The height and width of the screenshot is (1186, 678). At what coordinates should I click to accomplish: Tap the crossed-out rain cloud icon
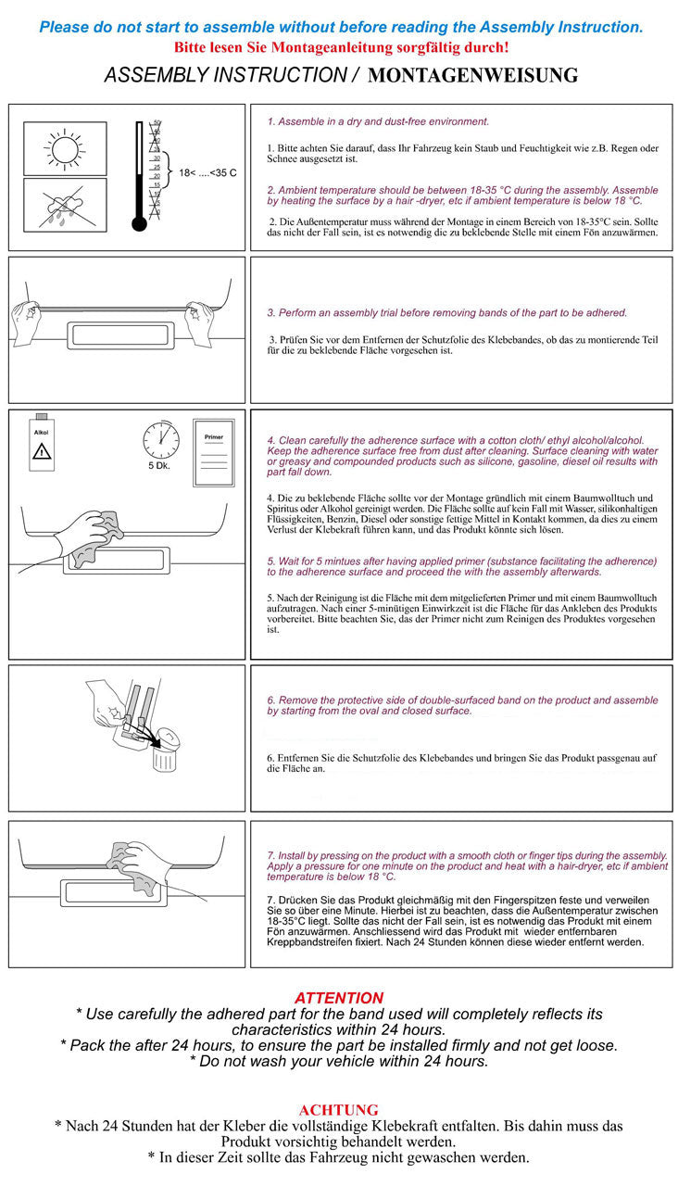point(65,206)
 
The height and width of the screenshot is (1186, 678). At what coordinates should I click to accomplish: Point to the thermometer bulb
point(140,223)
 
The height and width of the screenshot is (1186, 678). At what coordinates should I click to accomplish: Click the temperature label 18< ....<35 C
point(207,173)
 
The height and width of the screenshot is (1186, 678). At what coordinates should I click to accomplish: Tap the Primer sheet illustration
point(212,455)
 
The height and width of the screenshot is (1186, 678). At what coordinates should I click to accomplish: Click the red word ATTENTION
point(338,998)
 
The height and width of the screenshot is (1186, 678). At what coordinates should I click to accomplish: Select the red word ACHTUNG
point(338,1109)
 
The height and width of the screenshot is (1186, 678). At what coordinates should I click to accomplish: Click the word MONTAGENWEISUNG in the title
point(472,76)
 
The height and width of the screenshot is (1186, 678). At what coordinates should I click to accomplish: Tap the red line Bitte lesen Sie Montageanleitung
point(340,47)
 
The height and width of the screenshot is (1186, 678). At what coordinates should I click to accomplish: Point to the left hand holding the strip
point(31,321)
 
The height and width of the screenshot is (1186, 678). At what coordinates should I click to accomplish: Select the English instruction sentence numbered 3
point(446,312)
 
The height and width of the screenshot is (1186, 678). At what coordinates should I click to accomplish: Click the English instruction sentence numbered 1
point(378,121)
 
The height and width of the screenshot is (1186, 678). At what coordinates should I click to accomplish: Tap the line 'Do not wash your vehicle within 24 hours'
point(338,1062)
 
